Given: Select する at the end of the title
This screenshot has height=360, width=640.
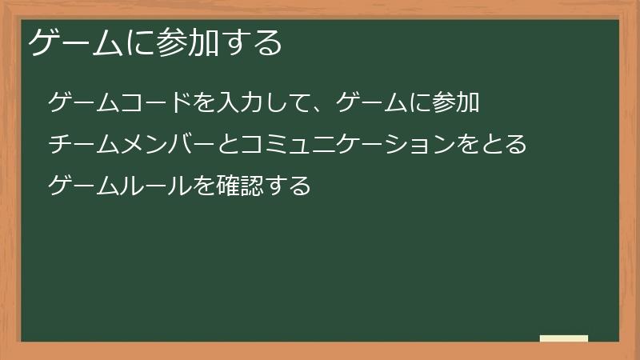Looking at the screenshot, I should pyautogui.click(x=256, y=42).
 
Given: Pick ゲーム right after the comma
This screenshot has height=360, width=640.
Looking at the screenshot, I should pyautogui.click(x=371, y=103).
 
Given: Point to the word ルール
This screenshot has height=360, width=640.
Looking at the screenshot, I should pyautogui.click(x=158, y=186).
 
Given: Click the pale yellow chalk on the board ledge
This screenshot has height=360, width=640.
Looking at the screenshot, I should pyautogui.click(x=563, y=338).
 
